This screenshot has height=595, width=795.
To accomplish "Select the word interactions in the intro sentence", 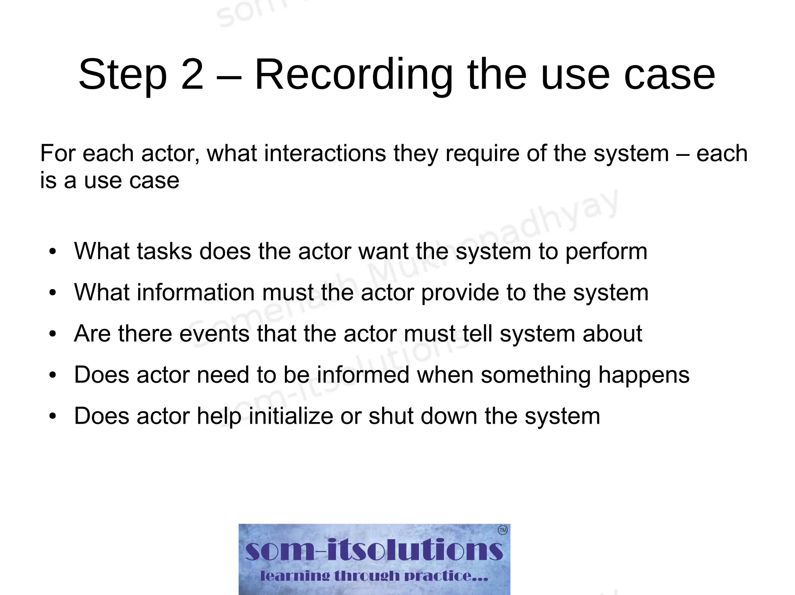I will pyautogui.click(x=325, y=153).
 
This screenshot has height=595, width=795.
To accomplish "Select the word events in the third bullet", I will pyautogui.click(x=214, y=333).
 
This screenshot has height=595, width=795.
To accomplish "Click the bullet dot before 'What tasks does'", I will pyautogui.click(x=53, y=252).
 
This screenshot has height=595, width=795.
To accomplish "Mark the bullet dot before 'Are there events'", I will pyautogui.click(x=53, y=334).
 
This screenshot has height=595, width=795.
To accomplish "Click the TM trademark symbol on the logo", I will pyautogui.click(x=502, y=530).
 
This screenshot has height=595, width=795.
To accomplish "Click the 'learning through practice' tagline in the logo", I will pyautogui.click(x=374, y=576).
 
